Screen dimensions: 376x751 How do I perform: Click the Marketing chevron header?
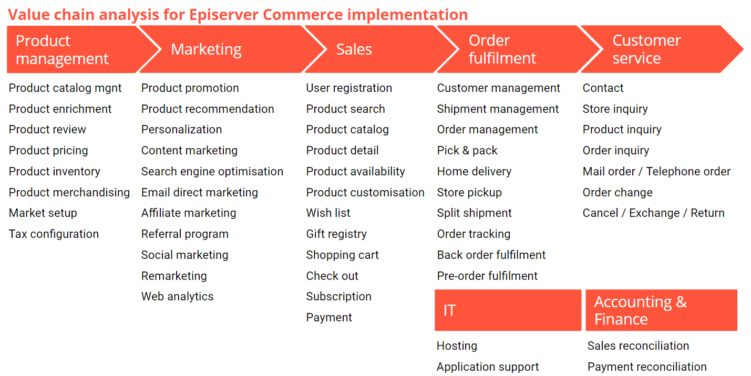[221, 49]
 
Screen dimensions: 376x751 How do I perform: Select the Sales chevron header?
[368, 49]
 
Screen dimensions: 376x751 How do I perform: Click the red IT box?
[508, 310]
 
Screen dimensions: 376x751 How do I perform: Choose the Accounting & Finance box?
[661, 310]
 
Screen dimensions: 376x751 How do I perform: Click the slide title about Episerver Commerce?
[238, 14]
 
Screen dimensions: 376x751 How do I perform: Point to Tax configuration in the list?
[54, 234]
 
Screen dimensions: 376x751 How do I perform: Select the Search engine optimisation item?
[212, 172]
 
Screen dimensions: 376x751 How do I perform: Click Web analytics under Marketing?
[177, 297]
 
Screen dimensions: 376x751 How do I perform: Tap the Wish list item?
[328, 213]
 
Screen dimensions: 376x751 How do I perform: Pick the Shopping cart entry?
[342, 255]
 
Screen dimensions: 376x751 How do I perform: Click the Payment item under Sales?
[329, 318]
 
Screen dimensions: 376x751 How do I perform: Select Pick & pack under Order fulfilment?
[467, 151]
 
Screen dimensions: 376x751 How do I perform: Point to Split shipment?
[474, 213]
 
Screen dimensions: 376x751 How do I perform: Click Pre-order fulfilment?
[487, 276]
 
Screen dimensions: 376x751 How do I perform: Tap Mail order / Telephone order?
[656, 172]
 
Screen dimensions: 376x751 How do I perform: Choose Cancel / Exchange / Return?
[653, 213]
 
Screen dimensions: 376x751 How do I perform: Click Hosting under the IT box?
[457, 346]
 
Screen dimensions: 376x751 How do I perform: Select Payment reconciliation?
[647, 367]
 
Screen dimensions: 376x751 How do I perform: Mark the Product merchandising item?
[69, 193]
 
